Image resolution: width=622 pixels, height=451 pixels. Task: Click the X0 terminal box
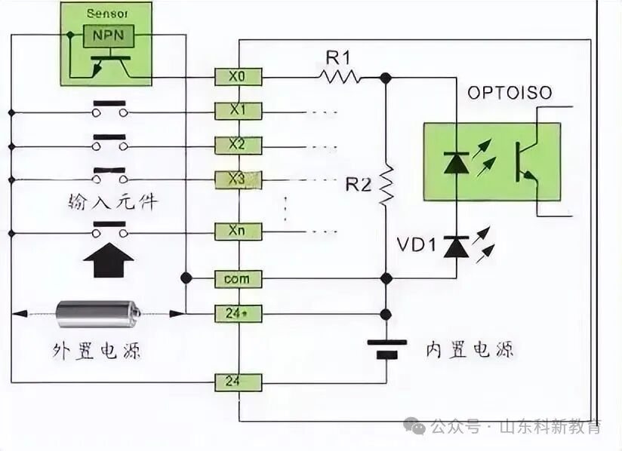[x=238, y=76]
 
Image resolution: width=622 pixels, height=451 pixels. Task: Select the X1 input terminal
[x=238, y=111]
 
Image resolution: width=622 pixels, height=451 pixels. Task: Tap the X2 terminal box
[x=238, y=144]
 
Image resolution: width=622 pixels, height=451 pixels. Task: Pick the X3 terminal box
[x=238, y=179]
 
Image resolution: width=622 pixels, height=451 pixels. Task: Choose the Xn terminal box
[x=238, y=231]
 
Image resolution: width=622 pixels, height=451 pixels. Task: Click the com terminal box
[x=238, y=279]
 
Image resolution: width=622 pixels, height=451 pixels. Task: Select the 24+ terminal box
[x=238, y=313]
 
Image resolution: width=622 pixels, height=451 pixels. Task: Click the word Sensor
[x=106, y=14]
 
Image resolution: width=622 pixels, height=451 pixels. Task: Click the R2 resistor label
[x=359, y=183]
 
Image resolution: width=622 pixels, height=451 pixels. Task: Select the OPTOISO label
[x=510, y=94]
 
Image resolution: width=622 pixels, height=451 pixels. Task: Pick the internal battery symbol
[x=386, y=348]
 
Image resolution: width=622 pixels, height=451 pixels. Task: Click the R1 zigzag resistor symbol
[x=339, y=76]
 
